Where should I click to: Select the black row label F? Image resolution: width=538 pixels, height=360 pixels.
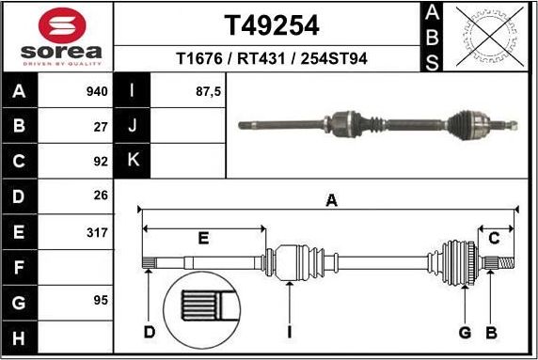coord(20,266)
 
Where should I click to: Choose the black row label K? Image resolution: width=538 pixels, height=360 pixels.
coord(133,160)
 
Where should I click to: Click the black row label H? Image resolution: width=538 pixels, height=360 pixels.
coord(20,336)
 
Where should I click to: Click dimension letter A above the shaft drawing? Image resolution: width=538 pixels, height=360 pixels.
coord(330,199)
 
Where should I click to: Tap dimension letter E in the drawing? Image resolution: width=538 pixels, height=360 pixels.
coord(203,239)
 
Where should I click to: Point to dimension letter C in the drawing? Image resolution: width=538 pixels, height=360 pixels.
coord(494,239)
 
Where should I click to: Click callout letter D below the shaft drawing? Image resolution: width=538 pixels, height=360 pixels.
coord(149,332)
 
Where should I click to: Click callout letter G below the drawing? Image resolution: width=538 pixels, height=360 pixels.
coord(465,332)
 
